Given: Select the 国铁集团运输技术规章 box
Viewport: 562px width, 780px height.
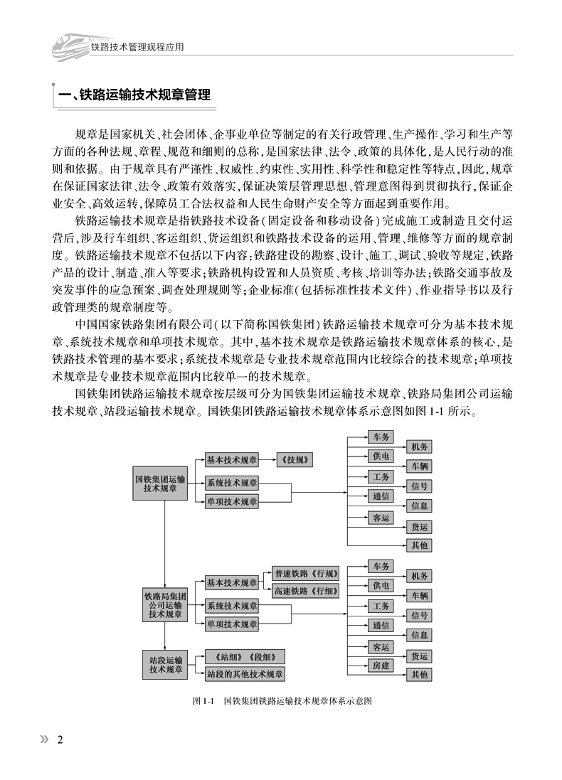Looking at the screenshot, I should tap(164, 484).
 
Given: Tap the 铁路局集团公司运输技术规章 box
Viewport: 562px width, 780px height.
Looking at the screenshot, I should tap(164, 604).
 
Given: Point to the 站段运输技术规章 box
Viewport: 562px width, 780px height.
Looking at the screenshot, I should tap(164, 665).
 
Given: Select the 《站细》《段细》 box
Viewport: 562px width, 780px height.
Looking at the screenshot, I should tap(245, 656).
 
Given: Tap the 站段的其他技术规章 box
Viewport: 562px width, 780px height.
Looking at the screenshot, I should tap(245, 673).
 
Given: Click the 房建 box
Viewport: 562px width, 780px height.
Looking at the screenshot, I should tap(380, 666).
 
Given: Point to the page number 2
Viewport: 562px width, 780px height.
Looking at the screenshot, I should tap(60, 739).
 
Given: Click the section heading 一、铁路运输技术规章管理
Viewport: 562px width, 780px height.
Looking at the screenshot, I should tap(135, 94).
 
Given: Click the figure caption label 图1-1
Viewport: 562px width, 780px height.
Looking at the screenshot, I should tap(203, 700).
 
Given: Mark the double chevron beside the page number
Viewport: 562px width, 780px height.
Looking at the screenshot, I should tap(44, 739).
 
